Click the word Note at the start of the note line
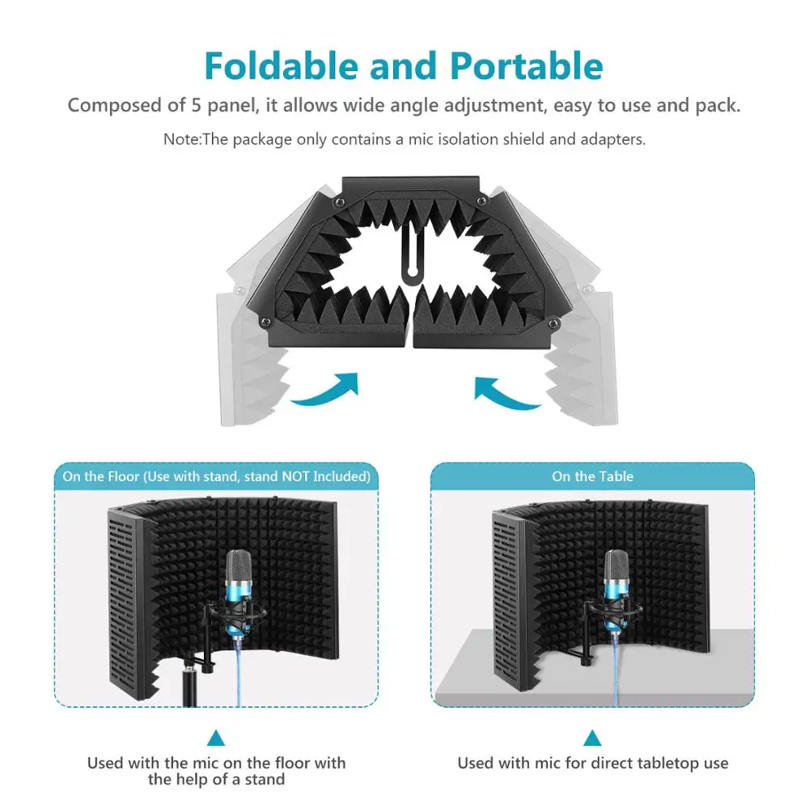pyautogui.click(x=180, y=139)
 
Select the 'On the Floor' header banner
pyautogui.click(x=216, y=477)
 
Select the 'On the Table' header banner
pyautogui.click(x=592, y=477)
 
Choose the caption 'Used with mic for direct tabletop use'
pyautogui.click(x=593, y=763)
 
